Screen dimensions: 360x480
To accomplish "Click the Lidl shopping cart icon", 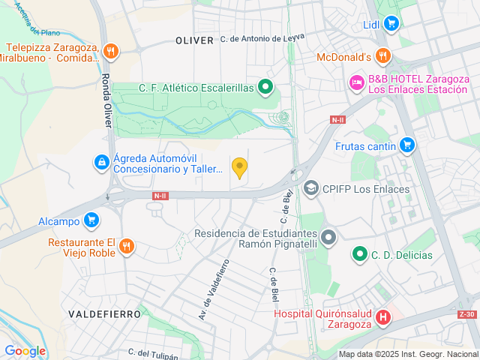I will click(x=390, y=24).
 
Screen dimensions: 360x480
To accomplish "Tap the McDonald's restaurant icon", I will click(x=383, y=55).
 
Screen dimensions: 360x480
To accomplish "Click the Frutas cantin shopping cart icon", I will click(x=407, y=145).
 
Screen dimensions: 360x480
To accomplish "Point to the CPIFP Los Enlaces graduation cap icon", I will click(x=311, y=187).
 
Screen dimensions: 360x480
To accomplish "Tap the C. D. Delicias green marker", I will click(x=360, y=255).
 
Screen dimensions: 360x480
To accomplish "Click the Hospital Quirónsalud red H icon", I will click(x=382, y=318).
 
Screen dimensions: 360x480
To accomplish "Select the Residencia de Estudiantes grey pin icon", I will click(x=328, y=238).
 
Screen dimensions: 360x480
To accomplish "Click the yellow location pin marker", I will click(x=239, y=167).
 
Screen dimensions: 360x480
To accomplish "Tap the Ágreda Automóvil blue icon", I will click(x=101, y=161).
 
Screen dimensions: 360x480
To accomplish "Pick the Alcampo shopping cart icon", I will click(x=91, y=220).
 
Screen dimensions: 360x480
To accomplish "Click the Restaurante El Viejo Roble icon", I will click(x=126, y=246).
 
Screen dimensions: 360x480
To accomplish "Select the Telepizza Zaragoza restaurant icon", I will click(x=111, y=51).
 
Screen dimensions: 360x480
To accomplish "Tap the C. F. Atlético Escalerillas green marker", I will click(x=265, y=88).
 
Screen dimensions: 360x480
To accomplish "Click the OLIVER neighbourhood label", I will click(x=194, y=40).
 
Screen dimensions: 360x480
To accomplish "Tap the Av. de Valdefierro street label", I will click(x=213, y=289).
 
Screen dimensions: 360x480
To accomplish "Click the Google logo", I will click(x=25, y=350).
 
